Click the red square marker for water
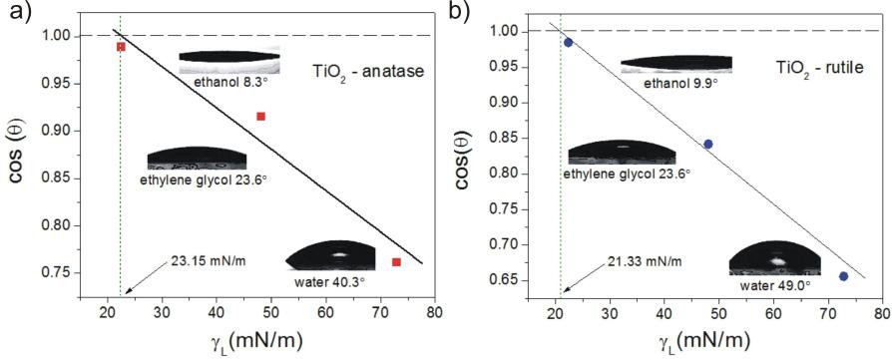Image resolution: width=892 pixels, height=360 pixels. pos(396,262)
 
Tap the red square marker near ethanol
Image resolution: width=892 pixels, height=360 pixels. pos(121,47)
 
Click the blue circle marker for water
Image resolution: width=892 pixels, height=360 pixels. pos(843,276)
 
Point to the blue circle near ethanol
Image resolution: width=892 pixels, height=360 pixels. pos(568,42)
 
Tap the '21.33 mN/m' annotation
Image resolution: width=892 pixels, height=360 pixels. pos(645,261)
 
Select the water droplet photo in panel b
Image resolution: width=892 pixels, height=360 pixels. pos(773,257)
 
